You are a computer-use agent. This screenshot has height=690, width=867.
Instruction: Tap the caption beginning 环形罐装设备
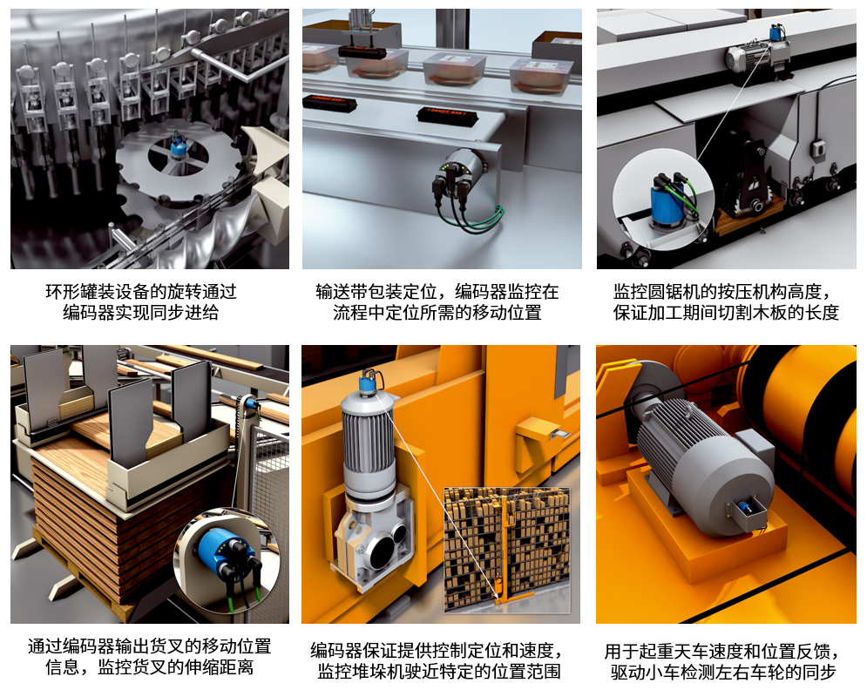pos(141,301)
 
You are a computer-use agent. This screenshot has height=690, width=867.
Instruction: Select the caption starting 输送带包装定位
pos(437,301)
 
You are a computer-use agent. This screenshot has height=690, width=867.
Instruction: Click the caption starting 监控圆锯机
pos(726,301)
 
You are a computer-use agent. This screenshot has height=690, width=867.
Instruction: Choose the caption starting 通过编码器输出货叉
pos(149,657)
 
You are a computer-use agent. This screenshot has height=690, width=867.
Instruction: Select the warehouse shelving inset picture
pos(506,549)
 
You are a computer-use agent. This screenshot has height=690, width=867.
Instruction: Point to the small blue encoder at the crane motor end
pos(743,508)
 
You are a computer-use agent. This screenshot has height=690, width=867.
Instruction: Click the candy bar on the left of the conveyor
pos(329,103)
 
